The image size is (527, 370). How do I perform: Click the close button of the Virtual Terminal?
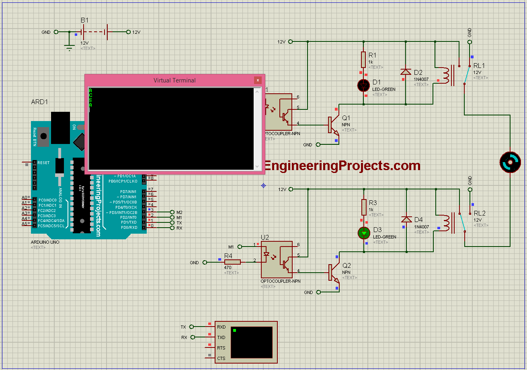[x=258, y=80]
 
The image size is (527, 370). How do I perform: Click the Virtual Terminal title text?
[x=174, y=80]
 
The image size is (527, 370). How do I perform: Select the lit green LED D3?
[x=364, y=233]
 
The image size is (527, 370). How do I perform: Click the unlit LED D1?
[x=364, y=85]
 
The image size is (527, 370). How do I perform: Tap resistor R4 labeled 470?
[x=232, y=262]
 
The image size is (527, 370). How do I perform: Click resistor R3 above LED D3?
[x=364, y=208]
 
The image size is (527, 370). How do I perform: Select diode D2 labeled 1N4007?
[x=406, y=72]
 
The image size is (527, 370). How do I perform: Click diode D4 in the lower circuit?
[x=406, y=220]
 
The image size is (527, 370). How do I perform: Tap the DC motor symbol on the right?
[x=510, y=162]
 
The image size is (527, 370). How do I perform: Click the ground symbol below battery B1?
[x=70, y=47]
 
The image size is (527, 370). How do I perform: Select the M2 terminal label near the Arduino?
[x=179, y=212]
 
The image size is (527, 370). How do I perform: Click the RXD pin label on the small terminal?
[x=221, y=327]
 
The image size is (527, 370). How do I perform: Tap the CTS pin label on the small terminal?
[x=221, y=358]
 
